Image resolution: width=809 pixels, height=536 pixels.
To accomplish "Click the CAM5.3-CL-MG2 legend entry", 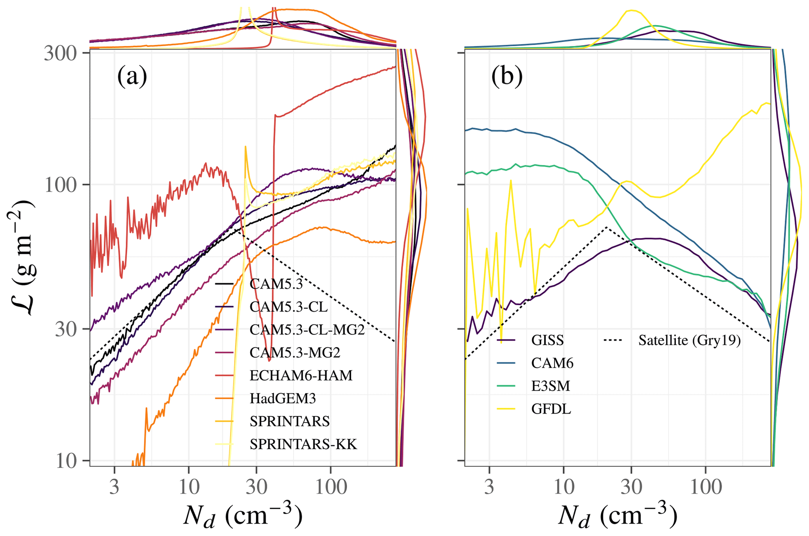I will click(307, 330).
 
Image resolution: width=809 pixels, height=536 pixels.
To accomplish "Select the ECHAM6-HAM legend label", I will click(301, 376).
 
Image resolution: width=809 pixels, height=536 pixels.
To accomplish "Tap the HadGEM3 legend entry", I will click(283, 399).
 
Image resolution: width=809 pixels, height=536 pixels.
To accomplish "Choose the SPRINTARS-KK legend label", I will click(303, 444).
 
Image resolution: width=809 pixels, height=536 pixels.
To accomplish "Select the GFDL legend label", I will click(551, 409).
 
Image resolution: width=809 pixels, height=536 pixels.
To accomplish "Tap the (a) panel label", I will click(132, 76).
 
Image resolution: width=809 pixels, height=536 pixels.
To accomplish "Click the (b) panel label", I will click(507, 76).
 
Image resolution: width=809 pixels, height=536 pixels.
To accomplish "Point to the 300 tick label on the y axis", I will click(60, 53).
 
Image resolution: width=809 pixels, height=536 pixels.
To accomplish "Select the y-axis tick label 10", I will click(67, 461).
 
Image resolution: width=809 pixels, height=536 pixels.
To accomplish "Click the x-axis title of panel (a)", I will click(243, 516).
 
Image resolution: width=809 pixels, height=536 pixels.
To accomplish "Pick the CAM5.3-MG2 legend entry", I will click(295, 353).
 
